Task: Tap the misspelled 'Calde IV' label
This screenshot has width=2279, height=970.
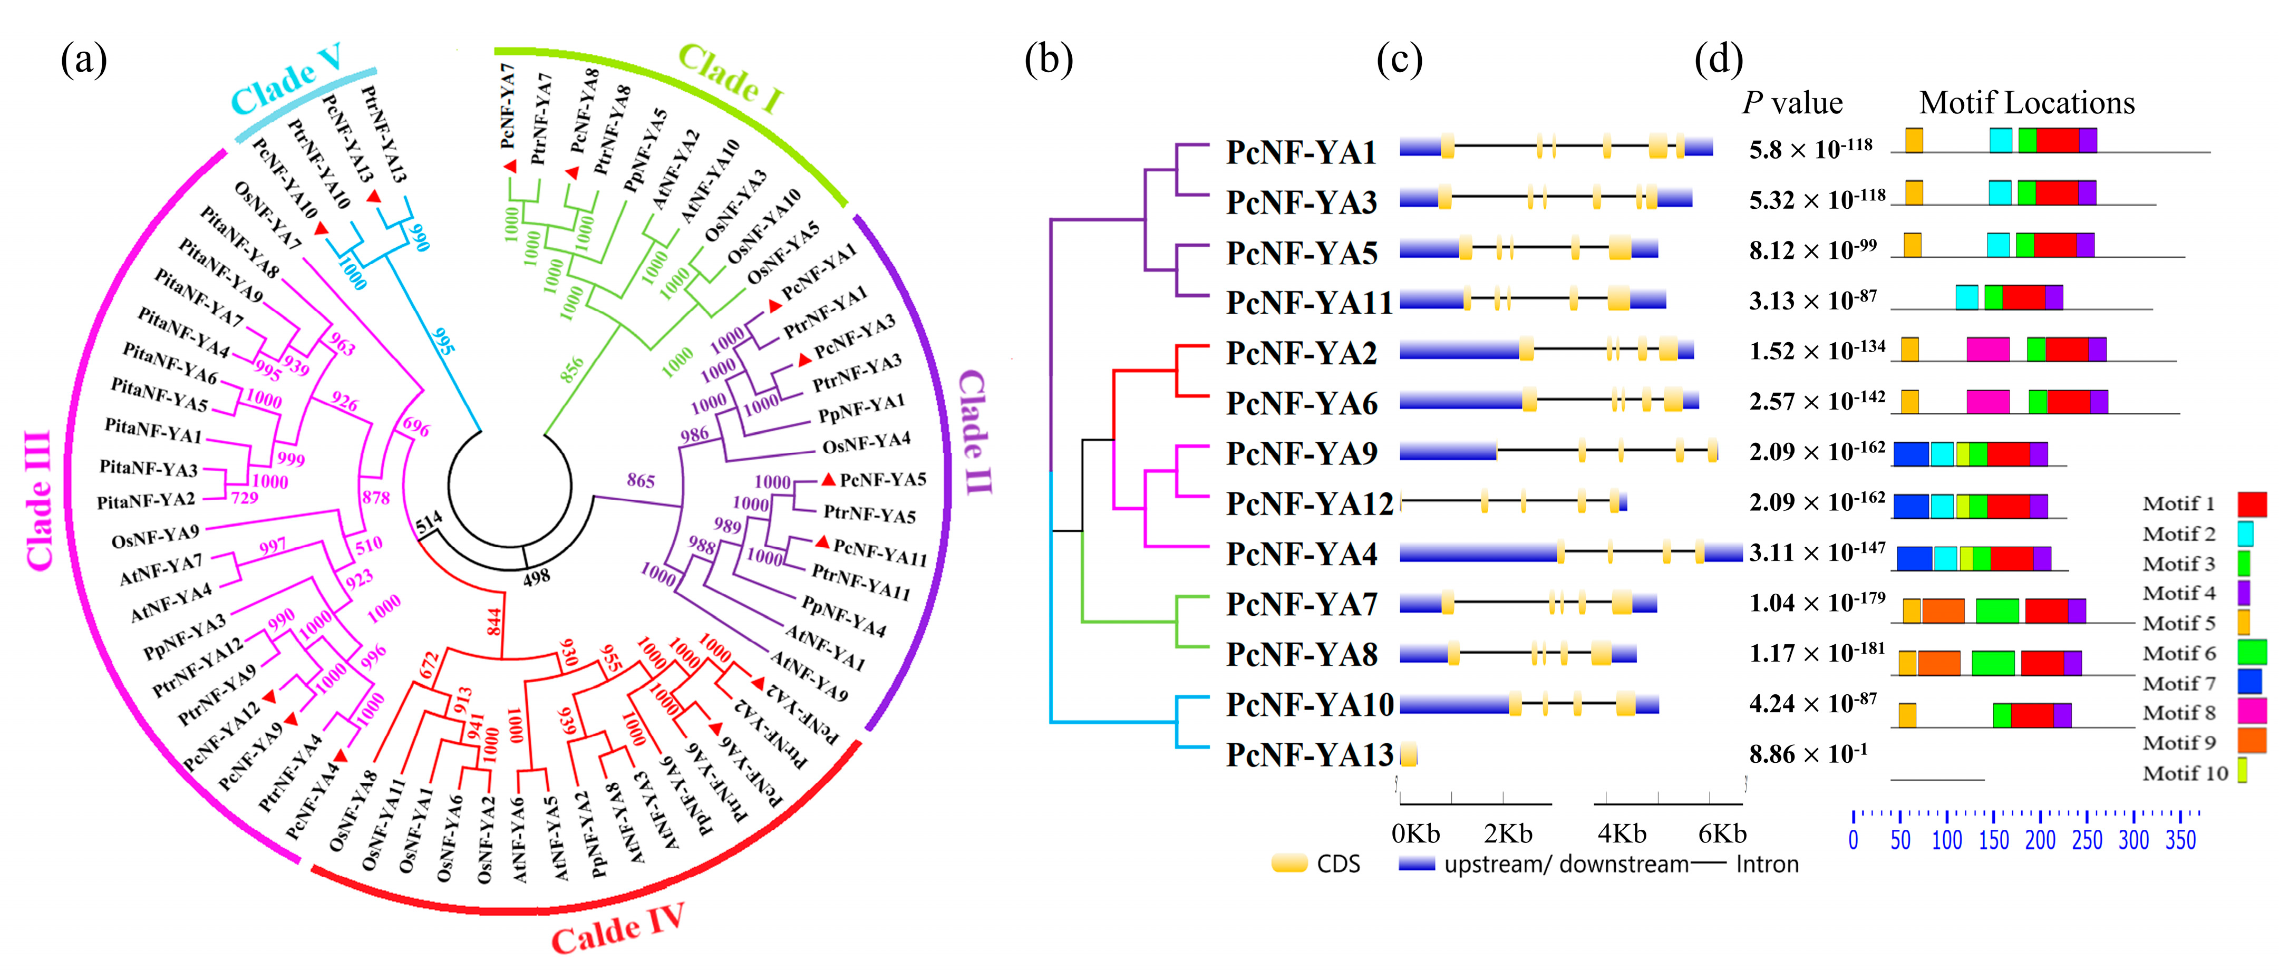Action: [x=617, y=929]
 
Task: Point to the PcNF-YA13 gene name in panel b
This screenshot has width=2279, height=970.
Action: [x=1308, y=755]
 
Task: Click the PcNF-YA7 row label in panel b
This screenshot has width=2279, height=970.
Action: [x=1301, y=605]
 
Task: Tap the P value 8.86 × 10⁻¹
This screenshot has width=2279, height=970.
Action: [x=1808, y=755]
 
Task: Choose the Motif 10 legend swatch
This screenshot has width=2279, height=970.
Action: [x=2243, y=771]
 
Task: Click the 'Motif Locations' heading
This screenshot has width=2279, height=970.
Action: [x=2026, y=103]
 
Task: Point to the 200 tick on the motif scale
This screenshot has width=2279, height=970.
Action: [x=2040, y=839]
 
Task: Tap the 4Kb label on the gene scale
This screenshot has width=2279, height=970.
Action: [x=1622, y=833]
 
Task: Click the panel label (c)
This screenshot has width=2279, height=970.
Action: [x=1400, y=60]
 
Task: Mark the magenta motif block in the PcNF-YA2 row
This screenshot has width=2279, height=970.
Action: [x=1987, y=350]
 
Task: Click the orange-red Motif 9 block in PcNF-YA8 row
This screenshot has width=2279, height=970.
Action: [x=1938, y=663]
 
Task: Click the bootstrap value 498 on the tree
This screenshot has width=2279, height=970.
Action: [x=536, y=578]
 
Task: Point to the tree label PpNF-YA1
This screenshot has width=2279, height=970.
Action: [x=861, y=409]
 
